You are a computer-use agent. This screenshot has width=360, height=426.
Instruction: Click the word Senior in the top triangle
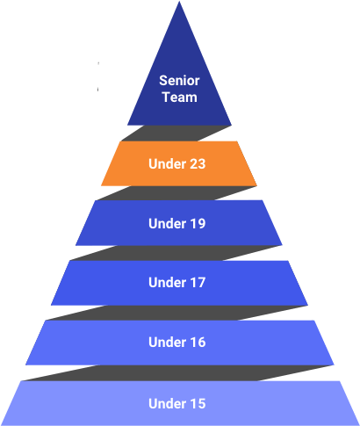(x=179, y=81)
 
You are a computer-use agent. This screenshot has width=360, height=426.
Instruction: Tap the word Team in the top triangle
(x=180, y=97)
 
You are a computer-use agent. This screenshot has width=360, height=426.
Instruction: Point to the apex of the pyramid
(x=179, y=2)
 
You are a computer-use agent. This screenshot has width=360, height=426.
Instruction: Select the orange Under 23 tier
(x=179, y=163)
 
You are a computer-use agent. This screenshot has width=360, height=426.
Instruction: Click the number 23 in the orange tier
(x=197, y=163)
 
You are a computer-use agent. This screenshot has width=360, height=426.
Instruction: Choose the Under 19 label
(x=177, y=223)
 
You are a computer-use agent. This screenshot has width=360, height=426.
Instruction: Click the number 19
(x=197, y=223)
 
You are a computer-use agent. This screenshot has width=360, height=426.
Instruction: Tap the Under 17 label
(x=177, y=283)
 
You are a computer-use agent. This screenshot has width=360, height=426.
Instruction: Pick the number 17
(x=197, y=283)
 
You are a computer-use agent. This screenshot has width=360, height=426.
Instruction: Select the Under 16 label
(x=177, y=343)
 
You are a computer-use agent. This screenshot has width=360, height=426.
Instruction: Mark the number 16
(x=197, y=343)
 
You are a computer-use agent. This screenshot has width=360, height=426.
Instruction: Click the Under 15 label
(x=177, y=403)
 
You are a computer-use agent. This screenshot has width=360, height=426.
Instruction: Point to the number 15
(x=197, y=403)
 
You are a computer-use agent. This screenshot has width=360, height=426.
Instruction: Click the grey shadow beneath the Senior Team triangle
(x=176, y=134)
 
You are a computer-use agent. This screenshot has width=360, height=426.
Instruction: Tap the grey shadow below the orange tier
(x=176, y=193)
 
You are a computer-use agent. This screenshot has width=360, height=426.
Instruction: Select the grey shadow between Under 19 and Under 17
(x=176, y=253)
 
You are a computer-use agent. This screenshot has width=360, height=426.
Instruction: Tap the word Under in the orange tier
(x=167, y=163)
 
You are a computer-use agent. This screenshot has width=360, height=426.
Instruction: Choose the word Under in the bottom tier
(x=167, y=403)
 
